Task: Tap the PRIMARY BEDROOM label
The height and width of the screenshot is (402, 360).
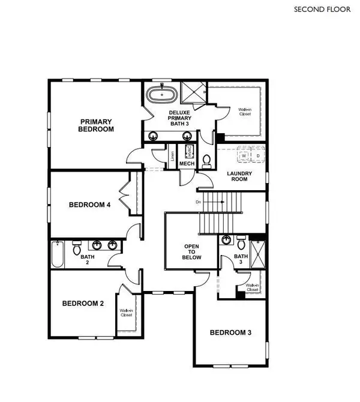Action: point(97,125)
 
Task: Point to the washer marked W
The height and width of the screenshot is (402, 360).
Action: point(244,156)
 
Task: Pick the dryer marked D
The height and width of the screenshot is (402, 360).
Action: point(258,156)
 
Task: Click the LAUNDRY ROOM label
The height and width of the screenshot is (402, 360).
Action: point(239,178)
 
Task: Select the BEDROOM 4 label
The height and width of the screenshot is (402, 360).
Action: point(89,205)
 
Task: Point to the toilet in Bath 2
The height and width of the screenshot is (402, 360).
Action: point(77,248)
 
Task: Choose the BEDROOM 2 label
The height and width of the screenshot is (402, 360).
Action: point(83,304)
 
